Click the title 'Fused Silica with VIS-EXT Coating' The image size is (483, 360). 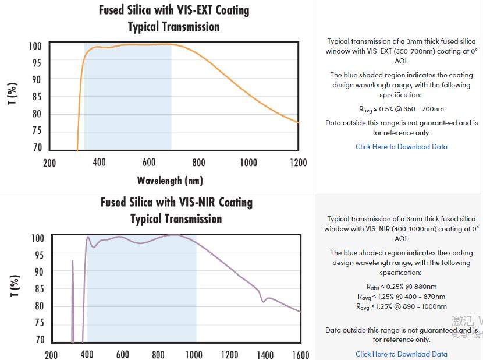(173, 10)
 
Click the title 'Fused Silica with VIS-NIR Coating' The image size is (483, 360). (176, 202)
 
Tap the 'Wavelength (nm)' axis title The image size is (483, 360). (170, 180)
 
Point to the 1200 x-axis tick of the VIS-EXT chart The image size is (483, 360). (298, 163)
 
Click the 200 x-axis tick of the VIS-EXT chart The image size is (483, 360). (49, 163)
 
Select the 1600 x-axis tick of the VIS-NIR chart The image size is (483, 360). (300, 354)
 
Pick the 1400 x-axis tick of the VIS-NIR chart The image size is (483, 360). (265, 354)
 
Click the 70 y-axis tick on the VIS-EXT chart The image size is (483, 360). (37, 148)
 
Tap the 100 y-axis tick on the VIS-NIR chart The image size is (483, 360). (37, 238)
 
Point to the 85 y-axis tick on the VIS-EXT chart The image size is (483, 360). (37, 97)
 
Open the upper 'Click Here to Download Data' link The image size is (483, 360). (402, 147)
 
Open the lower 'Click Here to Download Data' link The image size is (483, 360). (402, 354)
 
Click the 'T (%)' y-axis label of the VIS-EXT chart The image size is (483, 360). (13, 94)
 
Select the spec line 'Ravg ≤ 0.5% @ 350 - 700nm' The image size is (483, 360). (402, 109)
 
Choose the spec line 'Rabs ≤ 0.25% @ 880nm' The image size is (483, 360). (402, 287)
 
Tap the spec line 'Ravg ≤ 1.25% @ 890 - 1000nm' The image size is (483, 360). (402, 306)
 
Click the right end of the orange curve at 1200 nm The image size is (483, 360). (297, 122)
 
